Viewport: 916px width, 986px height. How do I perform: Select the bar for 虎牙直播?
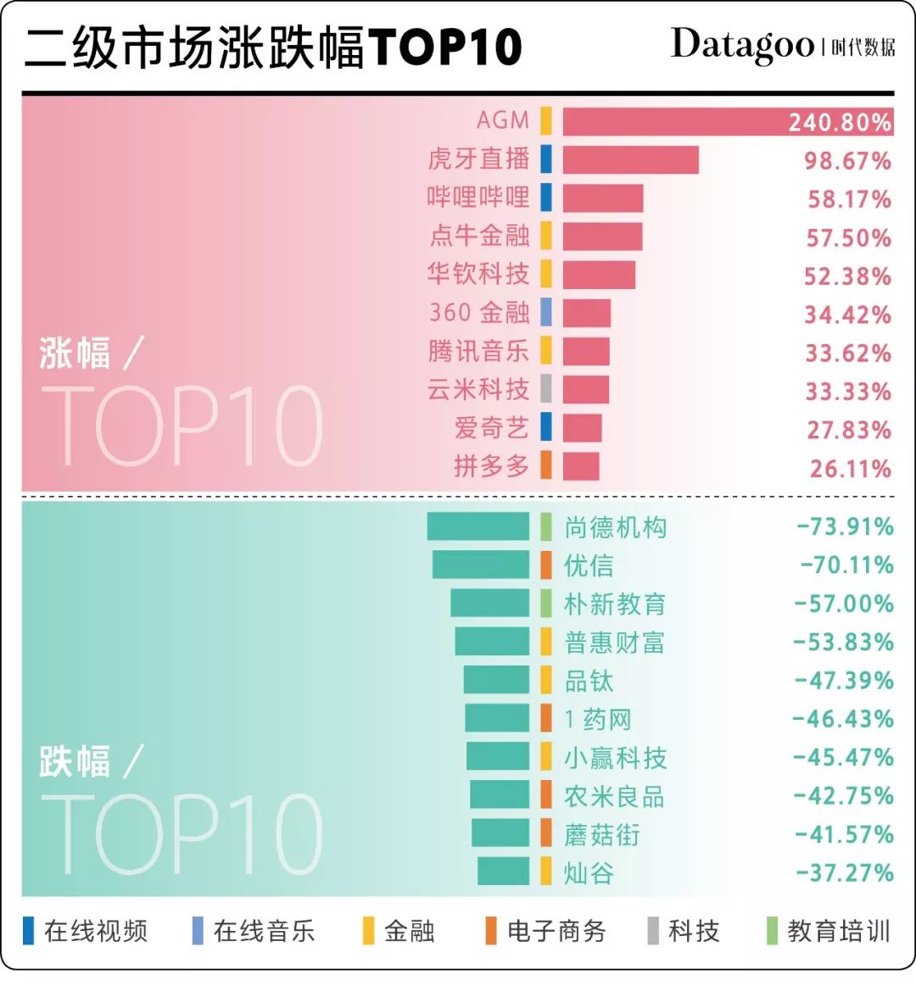pyautogui.click(x=630, y=160)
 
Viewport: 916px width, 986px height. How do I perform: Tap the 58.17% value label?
pyautogui.click(x=849, y=199)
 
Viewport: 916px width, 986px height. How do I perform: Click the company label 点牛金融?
pyautogui.click(x=479, y=235)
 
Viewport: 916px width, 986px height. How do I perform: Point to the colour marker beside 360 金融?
pyautogui.click(x=546, y=312)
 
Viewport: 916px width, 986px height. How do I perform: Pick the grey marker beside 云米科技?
pyautogui.click(x=546, y=389)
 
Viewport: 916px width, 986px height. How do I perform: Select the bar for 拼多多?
pyautogui.click(x=581, y=466)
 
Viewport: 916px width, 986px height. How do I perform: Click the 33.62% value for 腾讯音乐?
pyautogui.click(x=847, y=353)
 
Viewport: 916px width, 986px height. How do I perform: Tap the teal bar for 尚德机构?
pyautogui.click(x=478, y=526)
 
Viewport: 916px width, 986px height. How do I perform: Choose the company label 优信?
pyautogui.click(x=589, y=565)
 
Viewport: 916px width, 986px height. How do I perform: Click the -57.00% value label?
pyautogui.click(x=844, y=604)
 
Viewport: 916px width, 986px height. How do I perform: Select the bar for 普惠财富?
pyautogui.click(x=492, y=642)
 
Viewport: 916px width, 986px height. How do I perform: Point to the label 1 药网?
pyautogui.click(x=598, y=720)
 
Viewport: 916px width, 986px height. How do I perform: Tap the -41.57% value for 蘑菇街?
pyautogui.click(x=844, y=834)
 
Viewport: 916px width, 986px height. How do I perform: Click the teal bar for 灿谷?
pyautogui.click(x=503, y=872)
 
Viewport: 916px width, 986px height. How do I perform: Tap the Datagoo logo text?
pyautogui.click(x=742, y=46)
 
